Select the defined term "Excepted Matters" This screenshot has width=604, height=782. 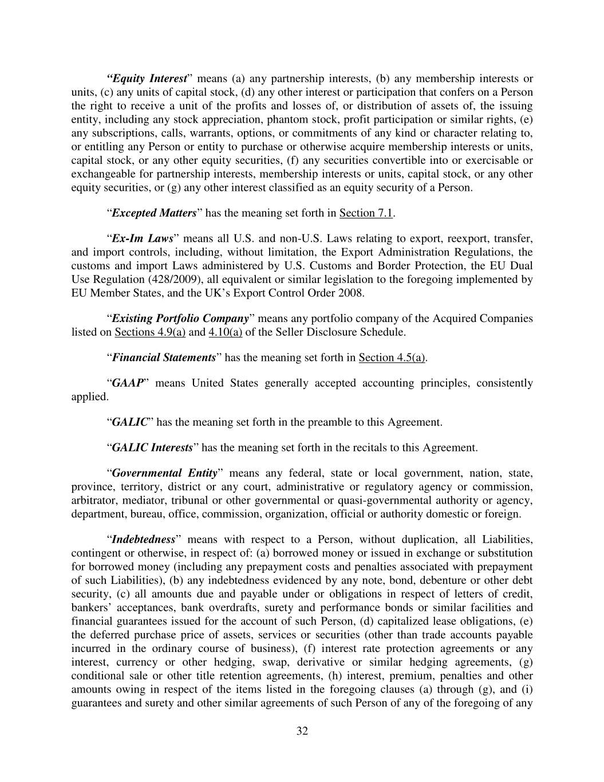pos(154,213)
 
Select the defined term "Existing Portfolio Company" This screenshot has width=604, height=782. pos(180,319)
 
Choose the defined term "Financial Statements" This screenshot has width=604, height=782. pos(163,358)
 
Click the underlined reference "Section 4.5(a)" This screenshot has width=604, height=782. pos(392,358)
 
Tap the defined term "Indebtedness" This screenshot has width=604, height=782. pos(143,540)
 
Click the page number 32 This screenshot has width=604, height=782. pos(302,731)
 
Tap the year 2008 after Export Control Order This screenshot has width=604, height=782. pos(352,293)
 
